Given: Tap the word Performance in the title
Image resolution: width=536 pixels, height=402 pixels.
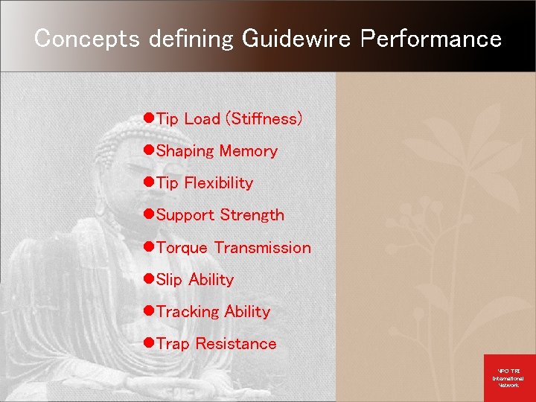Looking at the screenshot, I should pyautogui.click(x=431, y=39).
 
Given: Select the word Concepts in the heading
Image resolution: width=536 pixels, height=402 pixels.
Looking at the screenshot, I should pyautogui.click(x=87, y=39).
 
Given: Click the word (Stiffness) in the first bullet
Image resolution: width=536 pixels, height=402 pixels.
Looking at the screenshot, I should pyautogui.click(x=264, y=119).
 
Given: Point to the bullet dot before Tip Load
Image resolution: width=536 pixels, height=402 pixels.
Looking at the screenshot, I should pyautogui.click(x=149, y=118).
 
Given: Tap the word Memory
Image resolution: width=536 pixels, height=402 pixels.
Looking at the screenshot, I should pyautogui.click(x=248, y=151).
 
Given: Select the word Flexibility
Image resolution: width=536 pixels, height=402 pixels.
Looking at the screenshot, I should pyautogui.click(x=219, y=183).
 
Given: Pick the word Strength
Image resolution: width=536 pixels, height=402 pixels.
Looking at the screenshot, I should pyautogui.click(x=252, y=215).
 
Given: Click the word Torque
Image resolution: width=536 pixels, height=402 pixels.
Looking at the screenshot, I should pyautogui.click(x=182, y=248).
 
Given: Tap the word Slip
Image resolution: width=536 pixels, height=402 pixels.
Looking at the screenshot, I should pyautogui.click(x=170, y=280).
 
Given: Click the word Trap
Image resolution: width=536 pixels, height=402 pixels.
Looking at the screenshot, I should pyautogui.click(x=173, y=344).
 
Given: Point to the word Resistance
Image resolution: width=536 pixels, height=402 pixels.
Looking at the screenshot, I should pyautogui.click(x=235, y=344).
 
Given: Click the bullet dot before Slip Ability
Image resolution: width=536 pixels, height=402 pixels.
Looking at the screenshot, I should pyautogui.click(x=149, y=279).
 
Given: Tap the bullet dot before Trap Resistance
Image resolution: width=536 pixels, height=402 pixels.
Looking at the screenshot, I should pyautogui.click(x=149, y=343).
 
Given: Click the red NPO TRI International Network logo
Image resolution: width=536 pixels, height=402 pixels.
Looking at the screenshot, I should pyautogui.click(x=509, y=377).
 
